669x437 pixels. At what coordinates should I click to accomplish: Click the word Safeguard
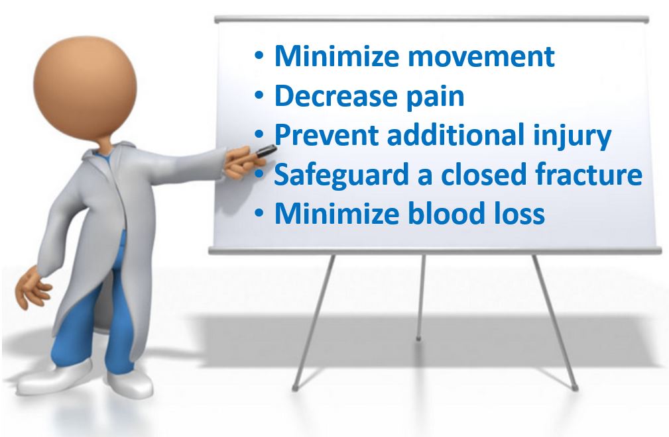(341, 175)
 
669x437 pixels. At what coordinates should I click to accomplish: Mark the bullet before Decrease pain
(259, 96)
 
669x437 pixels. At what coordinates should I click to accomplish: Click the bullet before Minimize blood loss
(259, 214)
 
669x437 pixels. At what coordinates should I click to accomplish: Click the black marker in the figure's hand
(265, 152)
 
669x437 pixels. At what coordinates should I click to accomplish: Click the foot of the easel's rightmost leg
(575, 388)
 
